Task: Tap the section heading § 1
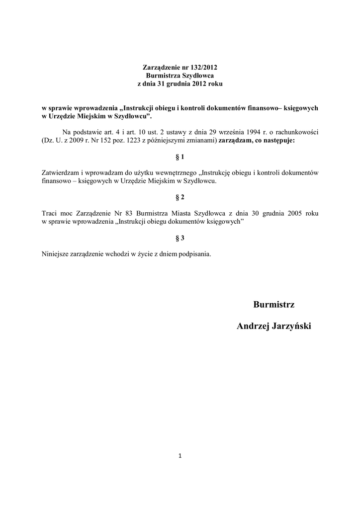[180, 157]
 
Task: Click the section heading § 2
[180, 197]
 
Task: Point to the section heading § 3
[180, 238]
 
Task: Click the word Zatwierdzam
[59, 172]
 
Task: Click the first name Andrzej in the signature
[253, 326]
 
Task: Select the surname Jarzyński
[291, 326]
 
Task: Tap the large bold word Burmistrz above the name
[274, 304]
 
